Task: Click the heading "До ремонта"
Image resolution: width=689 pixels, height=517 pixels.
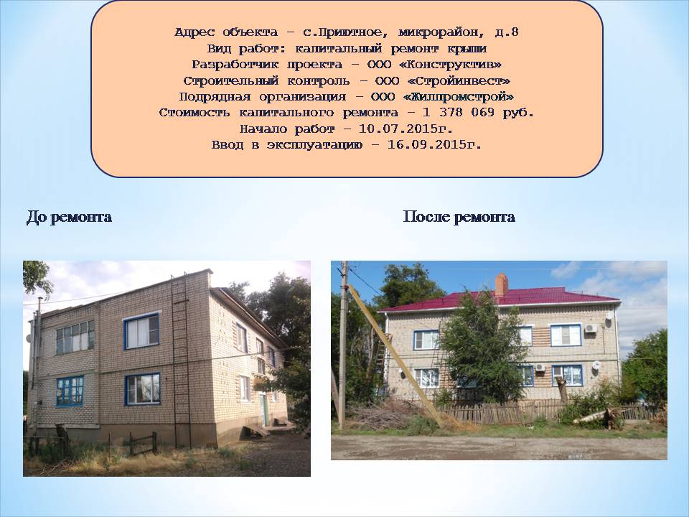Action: [69, 217]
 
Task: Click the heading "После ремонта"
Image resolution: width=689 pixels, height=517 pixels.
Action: [459, 217]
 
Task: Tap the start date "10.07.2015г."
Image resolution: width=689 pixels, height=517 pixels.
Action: [406, 129]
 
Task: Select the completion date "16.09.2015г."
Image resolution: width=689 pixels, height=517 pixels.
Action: [434, 144]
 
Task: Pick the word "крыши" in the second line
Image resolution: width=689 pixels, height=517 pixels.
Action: [467, 48]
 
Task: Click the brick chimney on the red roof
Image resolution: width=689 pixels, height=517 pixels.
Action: [502, 285]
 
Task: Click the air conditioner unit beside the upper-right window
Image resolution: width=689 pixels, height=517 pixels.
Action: [591, 328]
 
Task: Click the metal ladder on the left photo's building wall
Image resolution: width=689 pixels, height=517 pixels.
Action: [181, 360]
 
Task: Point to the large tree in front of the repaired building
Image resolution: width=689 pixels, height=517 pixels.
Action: [482, 348]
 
